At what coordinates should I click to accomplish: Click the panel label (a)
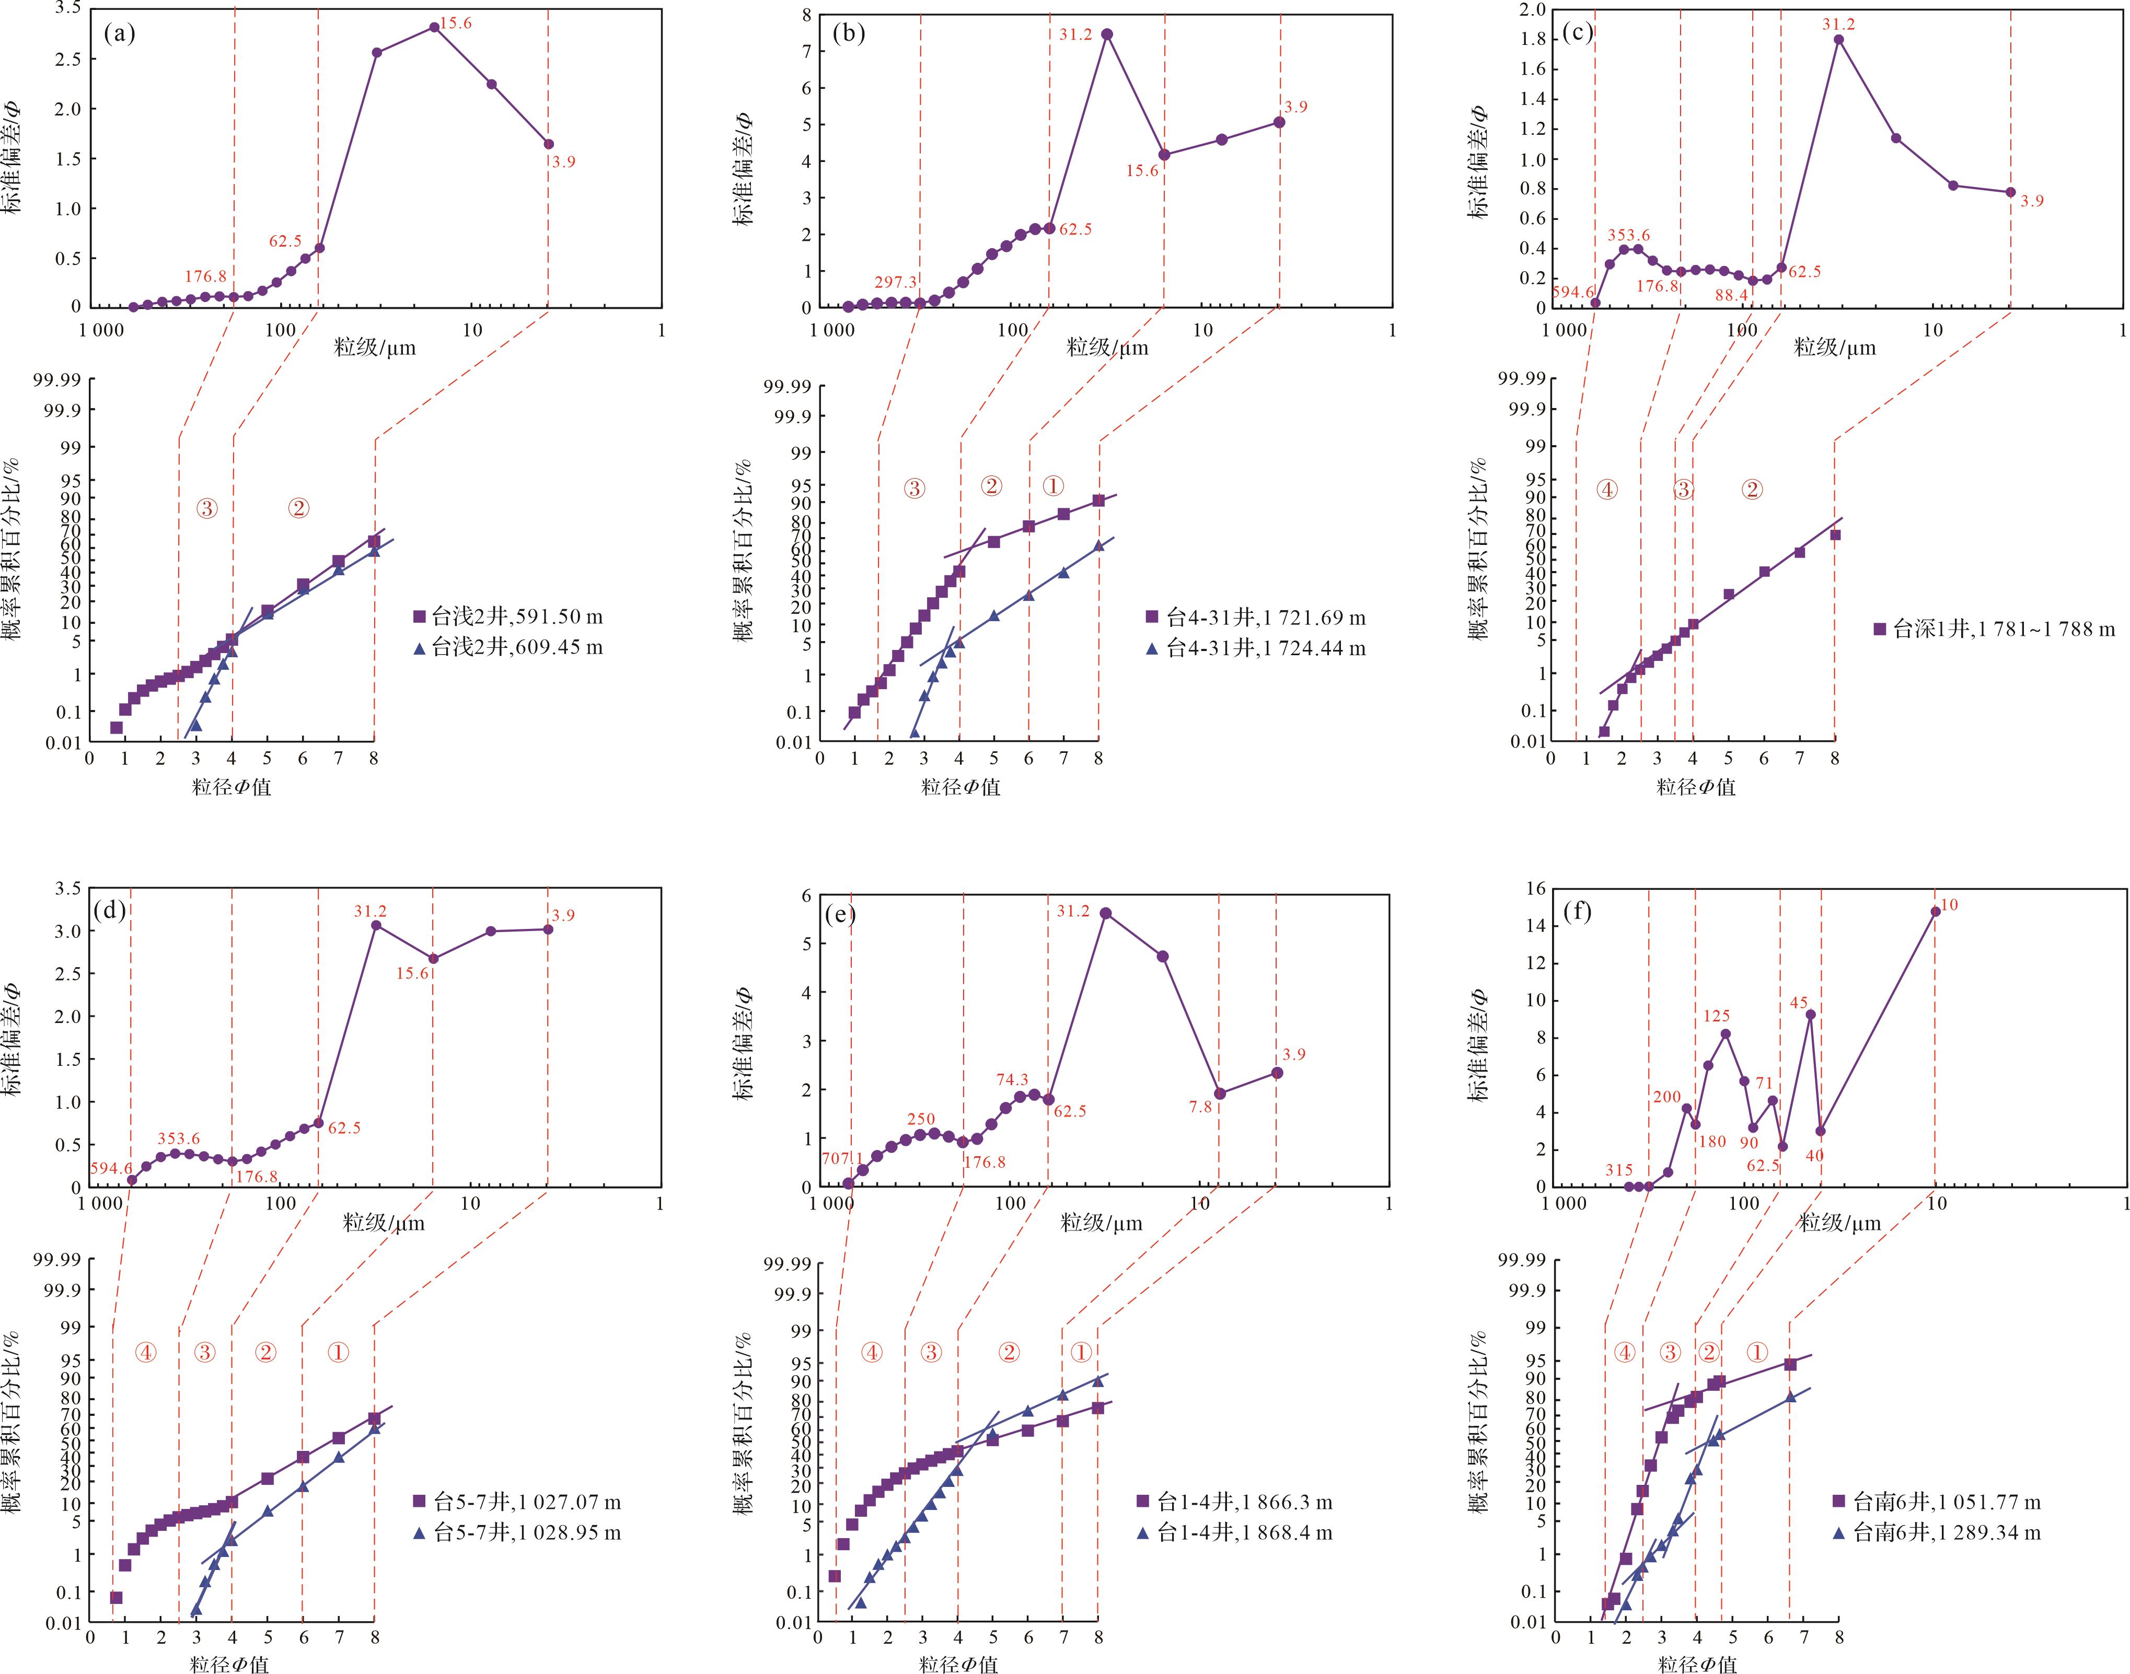coord(120,34)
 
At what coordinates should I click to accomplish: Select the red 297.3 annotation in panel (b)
coord(895,282)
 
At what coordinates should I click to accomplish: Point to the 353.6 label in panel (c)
coord(1628,235)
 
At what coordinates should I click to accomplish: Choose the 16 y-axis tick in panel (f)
coord(1535,889)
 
